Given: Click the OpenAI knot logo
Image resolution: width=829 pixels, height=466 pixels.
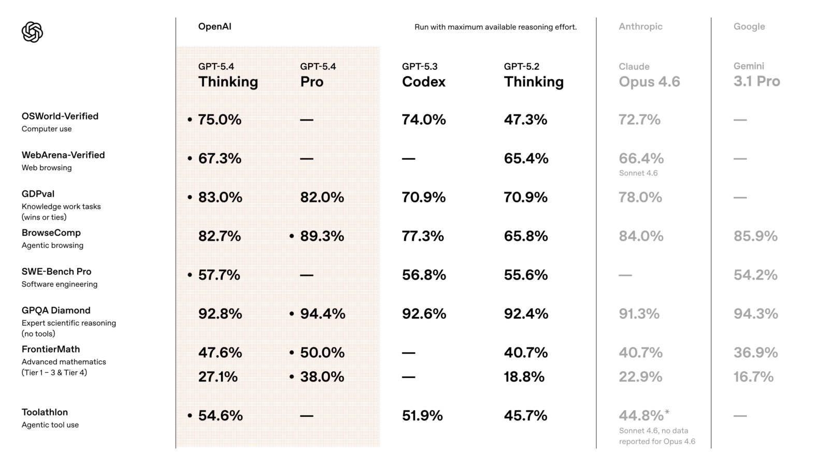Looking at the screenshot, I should coord(32,32).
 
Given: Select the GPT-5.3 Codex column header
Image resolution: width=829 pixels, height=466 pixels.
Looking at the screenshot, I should coord(423,76).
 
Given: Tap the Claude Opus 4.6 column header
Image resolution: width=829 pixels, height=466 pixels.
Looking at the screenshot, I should coord(649,76).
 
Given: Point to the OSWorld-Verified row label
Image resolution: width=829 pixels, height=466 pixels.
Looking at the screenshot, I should coord(60,116).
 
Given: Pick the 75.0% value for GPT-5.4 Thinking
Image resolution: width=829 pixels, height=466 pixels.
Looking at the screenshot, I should coord(220,120).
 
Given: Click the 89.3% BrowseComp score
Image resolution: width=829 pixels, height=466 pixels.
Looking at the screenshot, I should coord(322,236).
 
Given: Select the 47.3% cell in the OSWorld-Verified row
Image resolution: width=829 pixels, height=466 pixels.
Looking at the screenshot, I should coord(525,120).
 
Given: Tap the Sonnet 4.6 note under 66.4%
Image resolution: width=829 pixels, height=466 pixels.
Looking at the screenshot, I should coord(638,173).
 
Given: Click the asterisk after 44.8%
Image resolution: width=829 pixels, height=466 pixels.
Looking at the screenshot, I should coord(667,412).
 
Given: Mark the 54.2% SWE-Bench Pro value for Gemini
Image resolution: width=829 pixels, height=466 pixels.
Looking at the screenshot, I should coord(755,275).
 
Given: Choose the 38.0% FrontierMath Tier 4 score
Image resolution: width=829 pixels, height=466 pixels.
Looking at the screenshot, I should coord(322,377).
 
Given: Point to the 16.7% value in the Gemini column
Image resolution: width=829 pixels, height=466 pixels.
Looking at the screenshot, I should coord(753,377).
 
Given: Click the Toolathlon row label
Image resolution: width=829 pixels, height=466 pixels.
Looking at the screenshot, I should coord(45,412).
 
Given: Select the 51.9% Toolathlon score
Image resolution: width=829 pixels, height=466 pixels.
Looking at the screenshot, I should coord(422,416).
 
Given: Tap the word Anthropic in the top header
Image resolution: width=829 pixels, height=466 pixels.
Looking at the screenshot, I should coord(640,26).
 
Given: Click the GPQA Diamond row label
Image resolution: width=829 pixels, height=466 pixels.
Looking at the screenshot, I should coord(56,310).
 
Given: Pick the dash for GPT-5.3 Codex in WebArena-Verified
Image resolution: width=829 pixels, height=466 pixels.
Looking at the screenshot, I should coord(408,158).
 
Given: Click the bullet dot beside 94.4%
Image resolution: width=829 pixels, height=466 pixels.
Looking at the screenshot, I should coord(292,314).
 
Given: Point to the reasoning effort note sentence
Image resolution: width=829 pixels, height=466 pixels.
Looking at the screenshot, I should coord(495,27).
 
